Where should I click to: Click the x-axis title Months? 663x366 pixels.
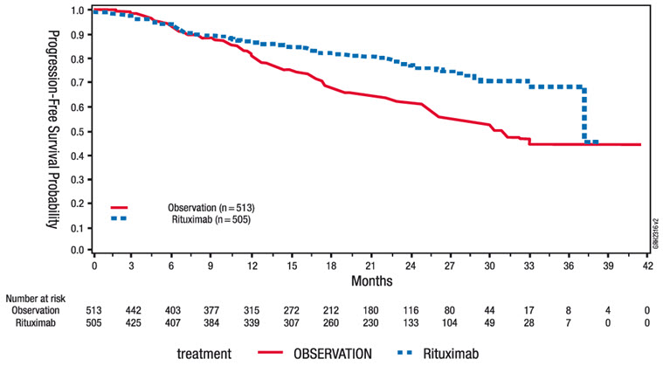click(x=371, y=281)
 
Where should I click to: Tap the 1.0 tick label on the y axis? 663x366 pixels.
click(x=77, y=11)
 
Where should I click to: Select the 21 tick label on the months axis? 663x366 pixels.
click(x=371, y=266)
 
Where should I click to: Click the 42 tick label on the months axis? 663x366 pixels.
click(x=647, y=266)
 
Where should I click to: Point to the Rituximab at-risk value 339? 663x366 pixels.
click(x=252, y=323)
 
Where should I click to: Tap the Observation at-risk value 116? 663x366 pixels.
click(x=411, y=310)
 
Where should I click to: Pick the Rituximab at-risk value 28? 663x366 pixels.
click(x=529, y=323)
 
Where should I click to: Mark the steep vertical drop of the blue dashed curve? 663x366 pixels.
click(x=584, y=114)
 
